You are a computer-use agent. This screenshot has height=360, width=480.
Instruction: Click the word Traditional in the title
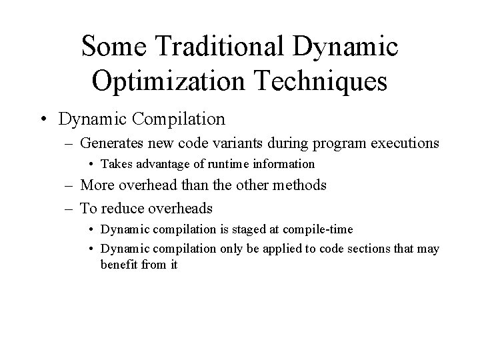[211, 47]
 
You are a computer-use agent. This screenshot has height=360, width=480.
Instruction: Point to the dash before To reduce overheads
[70, 208]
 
